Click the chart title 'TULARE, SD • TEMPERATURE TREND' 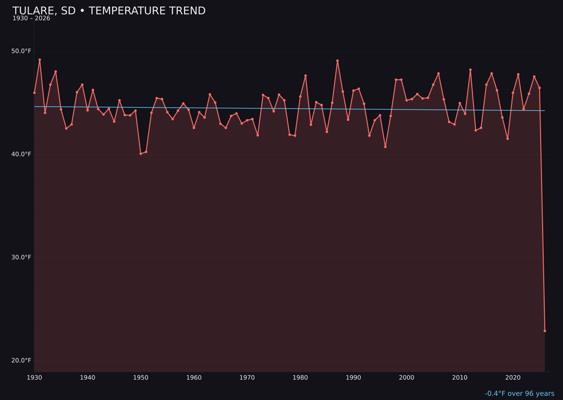pyautogui.click(x=109, y=11)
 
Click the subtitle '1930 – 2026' pyautogui.click(x=31, y=19)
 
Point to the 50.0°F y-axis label pyautogui.click(x=21, y=51)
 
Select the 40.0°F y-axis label pyautogui.click(x=21, y=154)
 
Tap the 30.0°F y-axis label pyautogui.click(x=21, y=257)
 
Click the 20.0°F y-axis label pyautogui.click(x=21, y=360)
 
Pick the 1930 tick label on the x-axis pyautogui.click(x=34, y=378)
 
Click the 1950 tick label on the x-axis pyautogui.click(x=141, y=378)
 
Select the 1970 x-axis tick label pyautogui.click(x=247, y=378)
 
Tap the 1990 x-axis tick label pyautogui.click(x=353, y=378)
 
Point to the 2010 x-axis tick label pyautogui.click(x=460, y=378)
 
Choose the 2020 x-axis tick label pyautogui.click(x=513, y=378)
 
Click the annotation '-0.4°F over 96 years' pyautogui.click(x=519, y=394)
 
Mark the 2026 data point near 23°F pyautogui.click(x=545, y=331)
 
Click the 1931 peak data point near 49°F pyautogui.click(x=40, y=60)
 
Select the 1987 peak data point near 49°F pyautogui.click(x=337, y=61)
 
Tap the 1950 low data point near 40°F pyautogui.click(x=141, y=154)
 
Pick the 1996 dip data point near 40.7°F pyautogui.click(x=385, y=147)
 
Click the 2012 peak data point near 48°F pyautogui.click(x=470, y=70)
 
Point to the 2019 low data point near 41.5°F pyautogui.click(x=508, y=139)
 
